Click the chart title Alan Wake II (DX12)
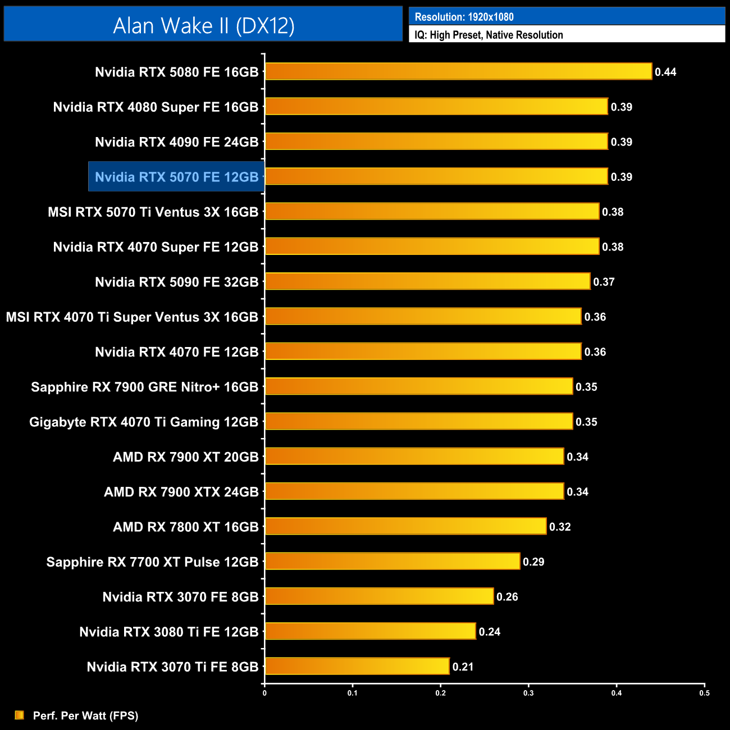pyautogui.click(x=203, y=26)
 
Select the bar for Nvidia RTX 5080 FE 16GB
pyautogui.click(x=458, y=72)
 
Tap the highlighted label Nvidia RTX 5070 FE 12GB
pyautogui.click(x=176, y=177)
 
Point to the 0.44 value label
pyautogui.click(x=665, y=72)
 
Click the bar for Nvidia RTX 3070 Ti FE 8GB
pyautogui.click(x=357, y=667)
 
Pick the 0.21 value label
pyautogui.click(x=463, y=667)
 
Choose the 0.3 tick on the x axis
pyautogui.click(x=528, y=693)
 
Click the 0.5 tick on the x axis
pyautogui.click(x=704, y=693)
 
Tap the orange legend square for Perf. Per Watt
pyautogui.click(x=20, y=715)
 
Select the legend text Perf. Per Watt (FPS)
pyautogui.click(x=85, y=715)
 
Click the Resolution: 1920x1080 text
pyautogui.click(x=464, y=17)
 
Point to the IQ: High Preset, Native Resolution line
pyautogui.click(x=489, y=35)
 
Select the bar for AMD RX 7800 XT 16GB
pyautogui.click(x=405, y=527)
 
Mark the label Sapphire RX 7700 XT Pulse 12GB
pyautogui.click(x=152, y=562)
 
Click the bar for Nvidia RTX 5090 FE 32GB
pyautogui.click(x=427, y=282)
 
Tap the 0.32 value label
pyautogui.click(x=560, y=527)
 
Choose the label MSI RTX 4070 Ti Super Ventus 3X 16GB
pyautogui.click(x=132, y=317)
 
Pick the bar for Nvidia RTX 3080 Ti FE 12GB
pyautogui.click(x=370, y=632)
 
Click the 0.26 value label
pyautogui.click(x=507, y=597)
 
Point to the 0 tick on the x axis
pyautogui.click(x=264, y=693)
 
